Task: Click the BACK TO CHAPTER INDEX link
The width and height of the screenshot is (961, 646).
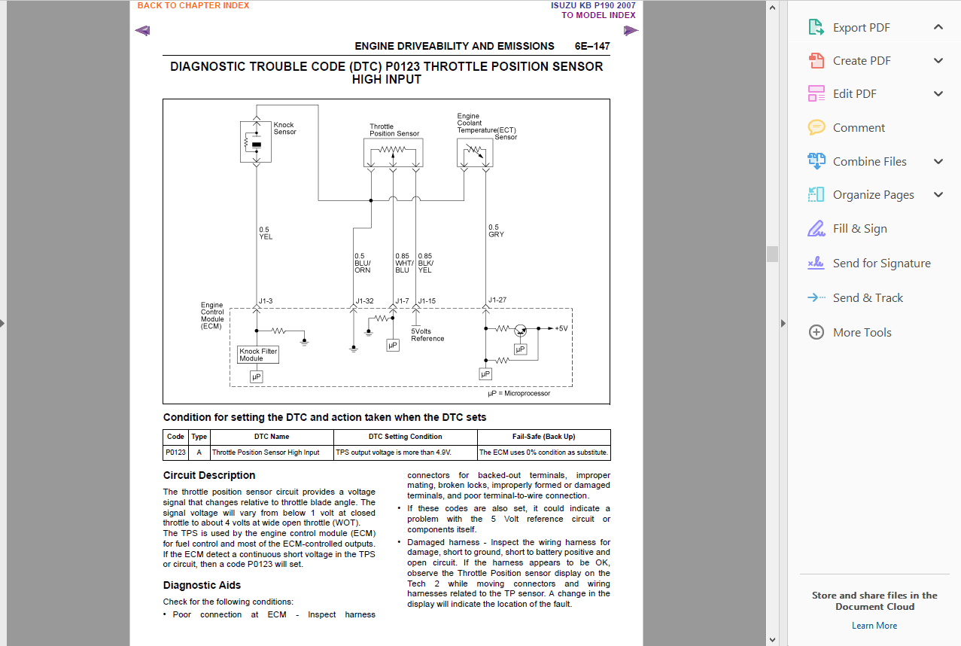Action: [193, 5]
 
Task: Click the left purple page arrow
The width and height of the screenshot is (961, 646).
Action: [142, 31]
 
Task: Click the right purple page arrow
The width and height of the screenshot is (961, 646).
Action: [631, 31]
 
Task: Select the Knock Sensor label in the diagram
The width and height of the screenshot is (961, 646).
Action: [284, 129]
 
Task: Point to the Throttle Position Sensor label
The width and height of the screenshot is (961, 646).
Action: [394, 130]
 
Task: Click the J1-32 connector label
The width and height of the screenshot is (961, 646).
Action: [364, 301]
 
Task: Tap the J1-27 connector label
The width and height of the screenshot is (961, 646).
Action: [497, 300]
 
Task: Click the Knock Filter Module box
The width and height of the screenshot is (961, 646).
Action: [258, 355]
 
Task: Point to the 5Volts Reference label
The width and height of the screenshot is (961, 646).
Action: [427, 335]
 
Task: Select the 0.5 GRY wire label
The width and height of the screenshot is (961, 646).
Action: [496, 231]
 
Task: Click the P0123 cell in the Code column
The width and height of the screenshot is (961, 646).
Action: [175, 453]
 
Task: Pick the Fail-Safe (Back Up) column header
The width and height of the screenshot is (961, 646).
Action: [543, 437]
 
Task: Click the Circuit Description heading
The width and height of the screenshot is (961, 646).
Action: [209, 475]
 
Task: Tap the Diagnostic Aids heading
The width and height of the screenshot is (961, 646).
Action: [202, 585]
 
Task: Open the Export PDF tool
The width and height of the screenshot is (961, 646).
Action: [861, 28]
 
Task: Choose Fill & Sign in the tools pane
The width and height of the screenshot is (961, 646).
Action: [859, 229]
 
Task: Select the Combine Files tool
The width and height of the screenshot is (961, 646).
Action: [869, 161]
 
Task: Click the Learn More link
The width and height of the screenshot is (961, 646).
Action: [874, 626]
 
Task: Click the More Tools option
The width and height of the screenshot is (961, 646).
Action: [862, 332]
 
